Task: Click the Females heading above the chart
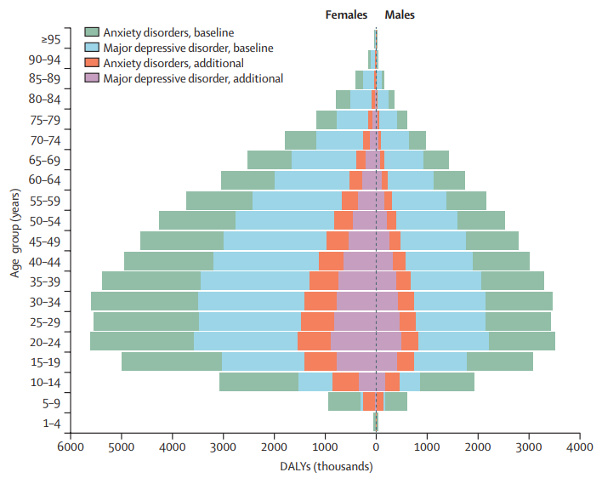[x=346, y=14]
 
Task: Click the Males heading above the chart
[x=400, y=14]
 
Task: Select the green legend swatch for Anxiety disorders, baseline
[x=92, y=31]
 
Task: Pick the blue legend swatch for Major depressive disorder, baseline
[x=92, y=48]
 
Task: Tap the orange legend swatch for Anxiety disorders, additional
[x=92, y=63]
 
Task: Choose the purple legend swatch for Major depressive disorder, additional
[x=92, y=78]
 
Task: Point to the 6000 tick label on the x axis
[x=71, y=447]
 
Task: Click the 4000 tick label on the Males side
[x=580, y=447]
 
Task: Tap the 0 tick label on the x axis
[x=376, y=447]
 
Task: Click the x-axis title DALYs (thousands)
[x=327, y=466]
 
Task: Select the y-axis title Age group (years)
[x=15, y=233]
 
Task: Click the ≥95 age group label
[x=51, y=39]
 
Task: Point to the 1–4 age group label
[x=52, y=423]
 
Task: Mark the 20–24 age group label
[x=45, y=342]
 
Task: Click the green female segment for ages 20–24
[x=142, y=341]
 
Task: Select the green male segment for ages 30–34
[x=519, y=301]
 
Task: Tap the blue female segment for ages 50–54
[x=285, y=220]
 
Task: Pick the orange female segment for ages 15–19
[x=321, y=361]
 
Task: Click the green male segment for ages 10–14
[x=447, y=382]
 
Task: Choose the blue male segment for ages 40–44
[x=440, y=261]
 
